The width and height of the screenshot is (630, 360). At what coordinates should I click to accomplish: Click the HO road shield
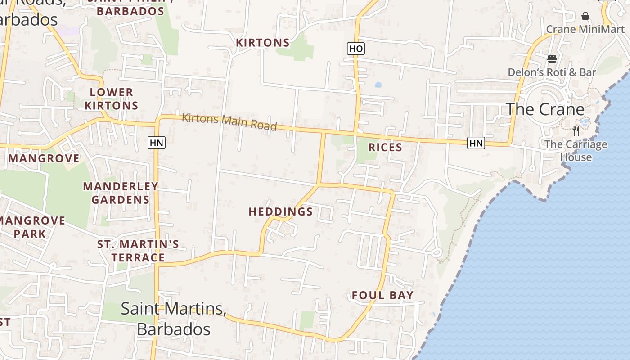[355, 49]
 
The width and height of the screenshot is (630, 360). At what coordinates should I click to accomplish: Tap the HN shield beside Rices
[476, 143]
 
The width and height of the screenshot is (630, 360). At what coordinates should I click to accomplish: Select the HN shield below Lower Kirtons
[156, 143]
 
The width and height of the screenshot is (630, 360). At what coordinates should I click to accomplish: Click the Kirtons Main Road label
[229, 122]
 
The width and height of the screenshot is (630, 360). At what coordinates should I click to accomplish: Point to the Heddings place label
[281, 211]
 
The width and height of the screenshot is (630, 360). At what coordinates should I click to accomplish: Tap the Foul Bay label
[382, 295]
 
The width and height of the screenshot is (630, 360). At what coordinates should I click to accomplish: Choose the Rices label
[385, 147]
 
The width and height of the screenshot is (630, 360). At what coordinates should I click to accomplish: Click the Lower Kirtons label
[112, 99]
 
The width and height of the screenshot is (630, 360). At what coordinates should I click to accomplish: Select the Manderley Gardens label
[121, 193]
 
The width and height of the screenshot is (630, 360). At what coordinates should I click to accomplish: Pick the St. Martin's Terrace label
[138, 251]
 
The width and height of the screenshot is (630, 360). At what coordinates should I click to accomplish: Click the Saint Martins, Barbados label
[174, 319]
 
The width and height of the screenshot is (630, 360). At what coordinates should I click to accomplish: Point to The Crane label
[545, 109]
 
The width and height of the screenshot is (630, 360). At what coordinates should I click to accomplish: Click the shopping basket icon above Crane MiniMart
[585, 16]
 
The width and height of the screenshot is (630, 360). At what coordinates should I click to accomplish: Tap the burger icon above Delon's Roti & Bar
[552, 59]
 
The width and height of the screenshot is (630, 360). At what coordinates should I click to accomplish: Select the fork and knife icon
[576, 131]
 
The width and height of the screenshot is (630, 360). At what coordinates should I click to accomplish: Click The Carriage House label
[576, 151]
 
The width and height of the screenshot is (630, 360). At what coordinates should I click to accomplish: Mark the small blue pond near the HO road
[378, 85]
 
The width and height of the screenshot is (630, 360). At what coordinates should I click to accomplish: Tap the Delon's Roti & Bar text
[552, 72]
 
